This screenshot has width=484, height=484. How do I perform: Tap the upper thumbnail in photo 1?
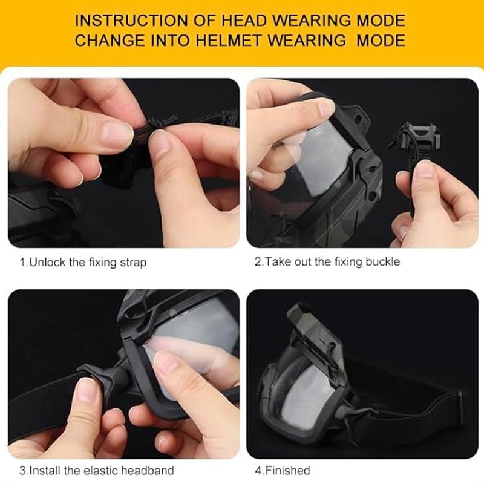117,135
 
